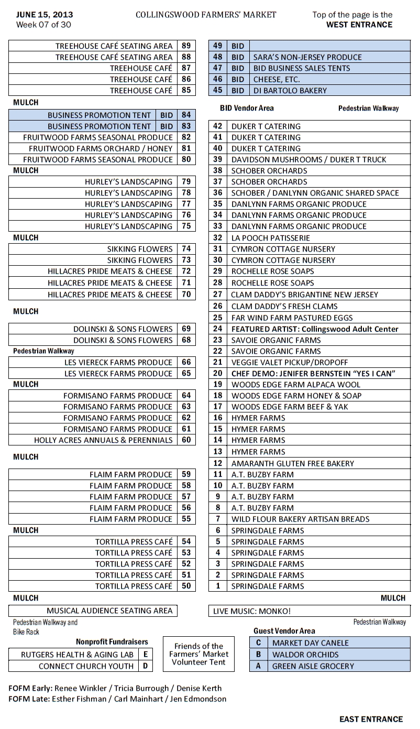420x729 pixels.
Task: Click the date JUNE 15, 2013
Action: [x=45, y=15]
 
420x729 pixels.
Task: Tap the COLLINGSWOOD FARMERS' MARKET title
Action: [x=206, y=15]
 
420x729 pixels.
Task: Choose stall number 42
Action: [x=218, y=126]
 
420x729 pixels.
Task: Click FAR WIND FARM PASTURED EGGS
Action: [x=292, y=318]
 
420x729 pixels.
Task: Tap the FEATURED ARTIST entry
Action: [x=315, y=329]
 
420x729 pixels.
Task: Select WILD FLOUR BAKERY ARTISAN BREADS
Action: [x=300, y=519]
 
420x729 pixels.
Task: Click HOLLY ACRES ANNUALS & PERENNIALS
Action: [x=103, y=440]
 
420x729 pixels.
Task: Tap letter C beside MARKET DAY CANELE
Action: [x=258, y=643]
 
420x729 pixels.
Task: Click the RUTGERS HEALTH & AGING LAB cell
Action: [x=77, y=655]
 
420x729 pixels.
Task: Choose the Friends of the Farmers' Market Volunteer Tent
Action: [x=198, y=654]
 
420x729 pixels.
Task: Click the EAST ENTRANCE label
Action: [x=371, y=719]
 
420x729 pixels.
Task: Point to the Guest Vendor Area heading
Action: [x=284, y=631]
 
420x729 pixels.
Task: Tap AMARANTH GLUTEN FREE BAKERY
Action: [x=292, y=463]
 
